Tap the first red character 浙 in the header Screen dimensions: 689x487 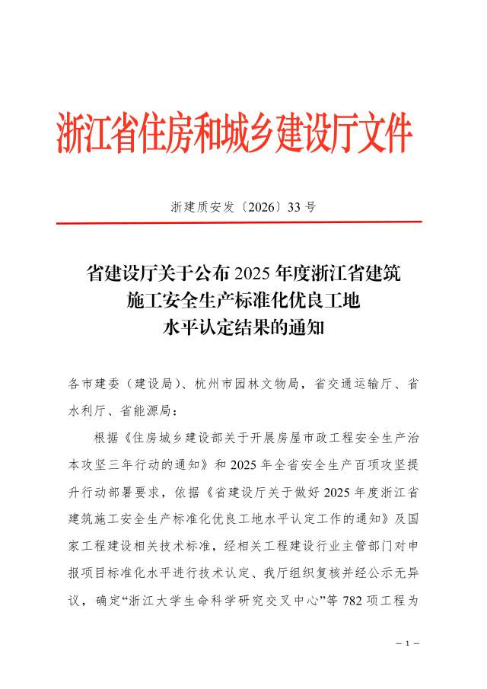point(71,136)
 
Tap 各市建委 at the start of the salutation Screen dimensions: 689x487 point(90,384)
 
